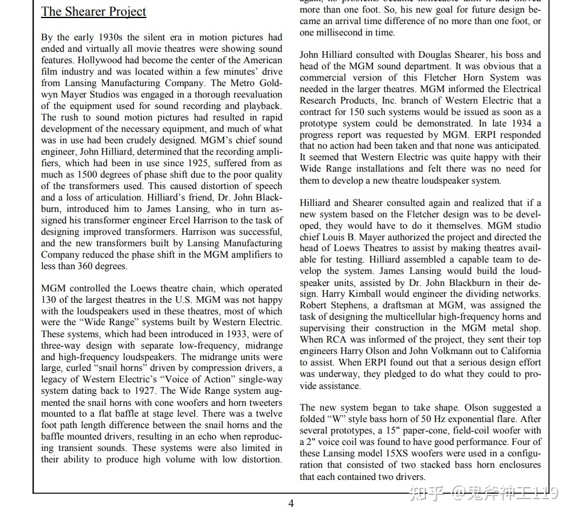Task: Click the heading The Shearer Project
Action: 93,11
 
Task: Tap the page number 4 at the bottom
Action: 291,503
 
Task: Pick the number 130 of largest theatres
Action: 49,300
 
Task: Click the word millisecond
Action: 341,33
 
